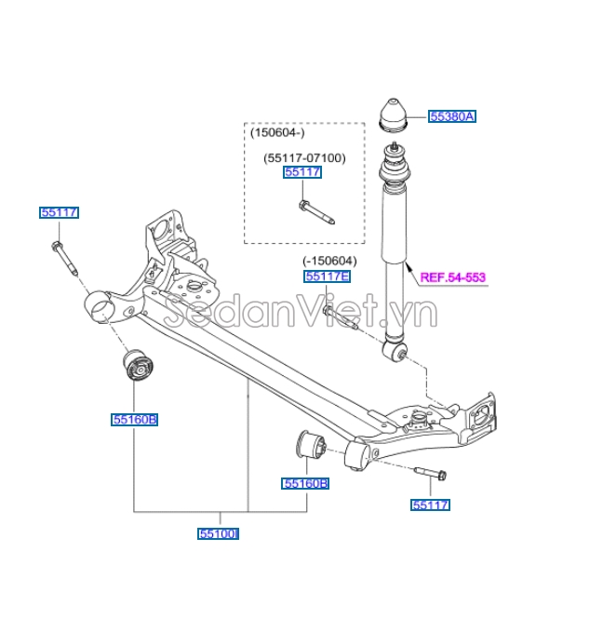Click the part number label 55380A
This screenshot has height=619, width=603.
click(x=451, y=116)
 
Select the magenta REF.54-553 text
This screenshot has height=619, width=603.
click(x=453, y=276)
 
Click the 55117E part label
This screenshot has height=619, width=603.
click(x=327, y=276)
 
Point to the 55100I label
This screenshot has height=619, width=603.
click(x=219, y=534)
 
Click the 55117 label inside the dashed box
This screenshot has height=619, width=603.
click(x=302, y=172)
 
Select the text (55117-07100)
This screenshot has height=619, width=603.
click(x=303, y=157)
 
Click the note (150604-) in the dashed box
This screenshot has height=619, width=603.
click(x=275, y=133)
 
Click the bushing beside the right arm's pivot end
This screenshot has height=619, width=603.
click(x=309, y=446)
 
